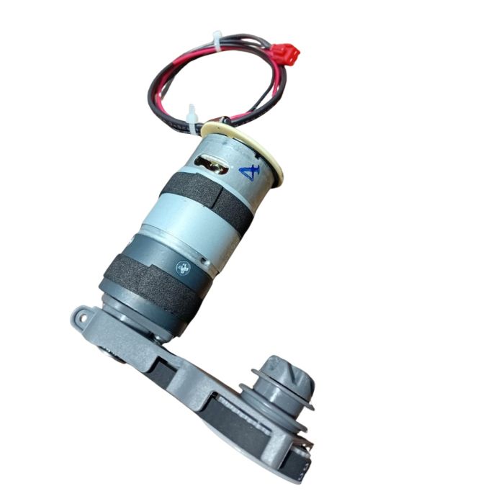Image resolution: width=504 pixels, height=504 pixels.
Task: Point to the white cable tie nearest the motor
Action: point(192,115)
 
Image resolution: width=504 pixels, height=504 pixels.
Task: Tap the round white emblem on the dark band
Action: point(183,269)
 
